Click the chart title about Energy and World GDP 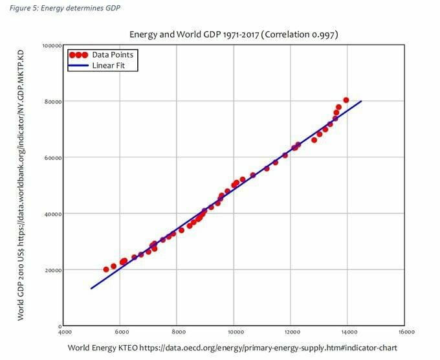[234, 34]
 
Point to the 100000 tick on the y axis [51, 45]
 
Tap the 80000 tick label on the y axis [52, 102]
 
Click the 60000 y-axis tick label [52, 158]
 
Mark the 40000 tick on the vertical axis [52, 214]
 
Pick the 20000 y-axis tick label [52, 270]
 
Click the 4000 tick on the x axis [63, 332]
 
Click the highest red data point [346, 100]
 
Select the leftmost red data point [106, 269]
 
